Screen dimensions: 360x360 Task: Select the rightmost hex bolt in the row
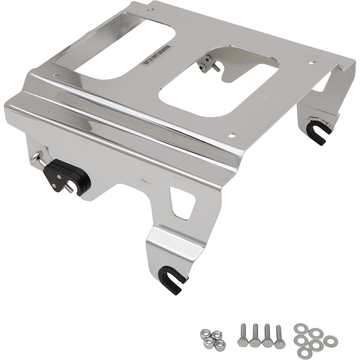[279, 334]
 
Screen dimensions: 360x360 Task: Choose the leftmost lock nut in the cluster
[204, 334]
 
